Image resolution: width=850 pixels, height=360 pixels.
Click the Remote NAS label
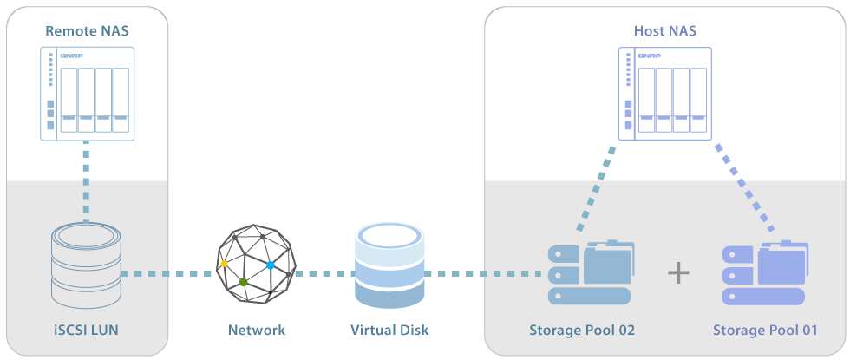click(87, 31)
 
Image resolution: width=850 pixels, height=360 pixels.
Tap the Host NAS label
click(664, 31)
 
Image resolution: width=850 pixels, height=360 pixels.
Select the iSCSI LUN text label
click(87, 329)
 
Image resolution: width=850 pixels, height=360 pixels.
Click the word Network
click(257, 330)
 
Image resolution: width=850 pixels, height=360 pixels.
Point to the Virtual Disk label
click(389, 330)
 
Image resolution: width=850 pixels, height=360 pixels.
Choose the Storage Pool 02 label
click(582, 330)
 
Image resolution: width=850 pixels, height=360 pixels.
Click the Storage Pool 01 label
click(765, 330)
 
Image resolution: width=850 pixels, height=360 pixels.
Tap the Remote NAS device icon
click(87, 94)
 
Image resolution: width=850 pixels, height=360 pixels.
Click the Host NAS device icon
click(665, 94)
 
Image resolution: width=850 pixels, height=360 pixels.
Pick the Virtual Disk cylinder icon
click(389, 265)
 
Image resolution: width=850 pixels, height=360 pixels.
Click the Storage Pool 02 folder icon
click(590, 272)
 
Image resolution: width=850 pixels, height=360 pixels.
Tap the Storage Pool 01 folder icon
click(765, 272)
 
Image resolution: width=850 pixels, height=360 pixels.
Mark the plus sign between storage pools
click(678, 272)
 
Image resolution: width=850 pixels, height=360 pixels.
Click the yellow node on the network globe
click(224, 264)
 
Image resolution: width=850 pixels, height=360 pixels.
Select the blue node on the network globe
click(270, 265)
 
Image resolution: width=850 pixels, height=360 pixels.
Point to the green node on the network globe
click(244, 282)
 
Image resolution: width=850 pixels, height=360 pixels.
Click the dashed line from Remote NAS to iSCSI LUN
click(86, 181)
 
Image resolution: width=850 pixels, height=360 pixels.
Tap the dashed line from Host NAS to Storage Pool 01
click(744, 187)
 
